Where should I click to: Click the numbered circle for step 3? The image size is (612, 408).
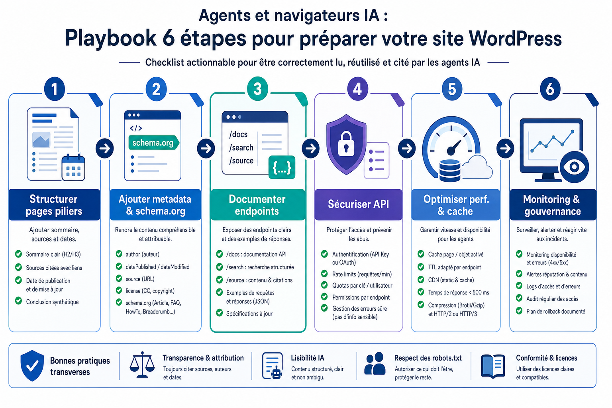[257, 89]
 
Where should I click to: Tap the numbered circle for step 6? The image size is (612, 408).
[550, 89]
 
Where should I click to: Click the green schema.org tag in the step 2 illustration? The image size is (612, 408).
[154, 143]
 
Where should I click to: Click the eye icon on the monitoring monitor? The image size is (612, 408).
[574, 167]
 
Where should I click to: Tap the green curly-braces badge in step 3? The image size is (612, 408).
[282, 167]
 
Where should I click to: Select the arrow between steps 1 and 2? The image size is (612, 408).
[105, 148]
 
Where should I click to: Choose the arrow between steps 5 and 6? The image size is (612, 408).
[505, 148]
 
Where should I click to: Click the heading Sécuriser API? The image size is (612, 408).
[358, 204]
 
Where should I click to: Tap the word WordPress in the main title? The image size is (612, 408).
[515, 38]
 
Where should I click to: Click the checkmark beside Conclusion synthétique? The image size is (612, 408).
[19, 301]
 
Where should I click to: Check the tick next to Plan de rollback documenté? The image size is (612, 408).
[519, 311]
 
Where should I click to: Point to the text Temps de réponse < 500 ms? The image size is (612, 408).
[459, 292]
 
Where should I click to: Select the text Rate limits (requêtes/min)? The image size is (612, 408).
[362, 274]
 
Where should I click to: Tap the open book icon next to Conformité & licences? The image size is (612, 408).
[493, 366]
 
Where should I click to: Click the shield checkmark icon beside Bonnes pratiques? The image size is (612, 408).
[32, 366]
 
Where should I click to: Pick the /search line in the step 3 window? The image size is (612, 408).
[241, 147]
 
